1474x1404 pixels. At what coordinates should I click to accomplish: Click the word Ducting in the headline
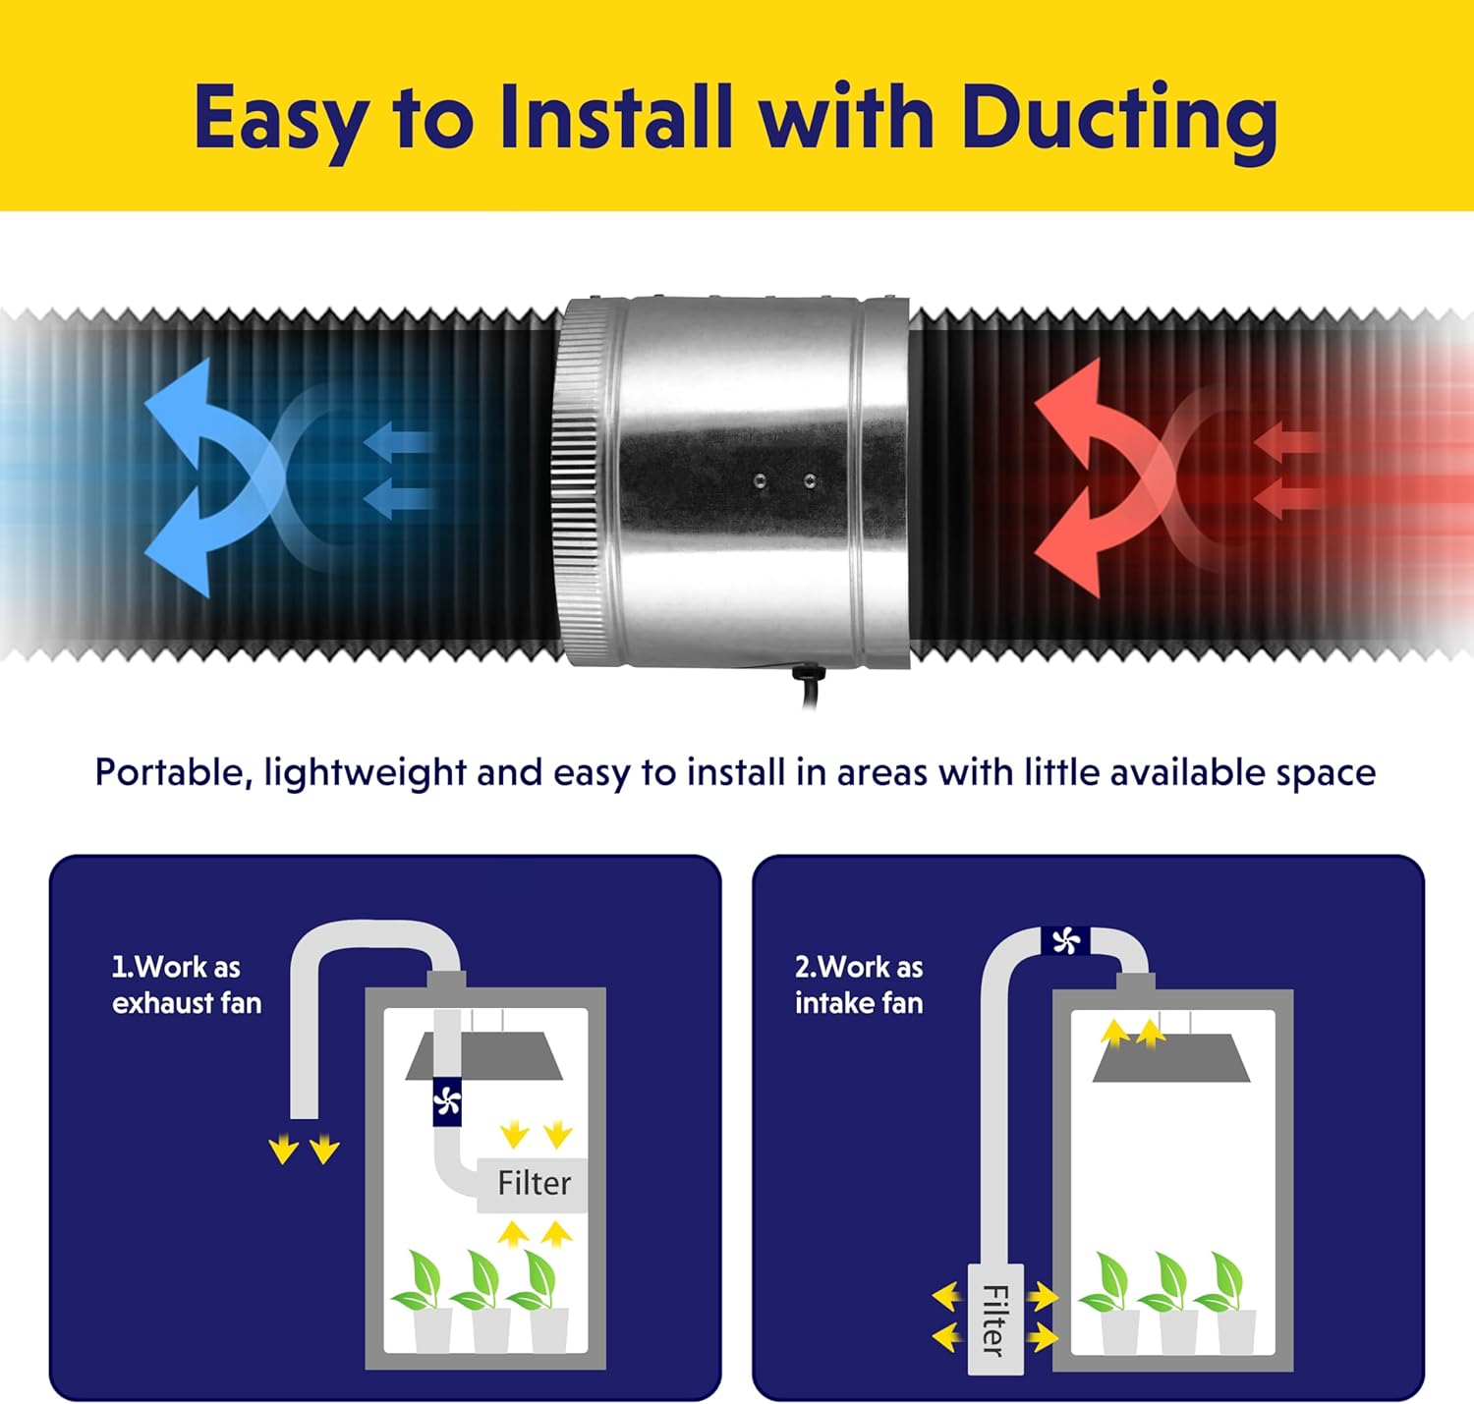coord(1118,119)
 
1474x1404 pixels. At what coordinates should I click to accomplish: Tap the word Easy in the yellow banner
coord(279,119)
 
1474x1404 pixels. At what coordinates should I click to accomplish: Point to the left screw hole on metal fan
coord(760,480)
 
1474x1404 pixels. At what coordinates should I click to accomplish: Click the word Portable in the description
coord(168,772)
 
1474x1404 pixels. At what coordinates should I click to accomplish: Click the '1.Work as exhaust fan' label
coord(186,984)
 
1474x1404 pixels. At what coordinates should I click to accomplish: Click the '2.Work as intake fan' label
coord(858,984)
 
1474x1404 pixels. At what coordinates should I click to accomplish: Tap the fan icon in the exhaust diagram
coord(447,1102)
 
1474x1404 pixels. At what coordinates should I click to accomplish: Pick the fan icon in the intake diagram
coord(1065,941)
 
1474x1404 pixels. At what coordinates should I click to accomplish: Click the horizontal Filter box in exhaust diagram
coord(533,1183)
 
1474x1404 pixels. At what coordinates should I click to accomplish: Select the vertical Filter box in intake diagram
coord(994,1319)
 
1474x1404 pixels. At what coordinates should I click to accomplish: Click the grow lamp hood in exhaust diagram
coord(483,1056)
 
